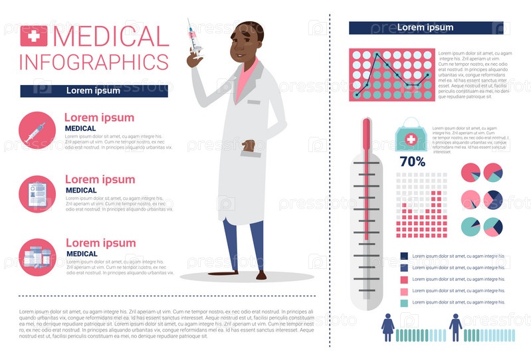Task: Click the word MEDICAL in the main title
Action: click(x=111, y=36)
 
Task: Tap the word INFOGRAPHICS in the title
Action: click(x=94, y=62)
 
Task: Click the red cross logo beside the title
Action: click(x=34, y=36)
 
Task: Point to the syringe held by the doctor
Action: click(x=195, y=37)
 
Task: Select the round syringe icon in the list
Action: click(x=37, y=130)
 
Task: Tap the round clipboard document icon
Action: click(x=37, y=194)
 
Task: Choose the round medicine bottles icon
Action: click(x=37, y=256)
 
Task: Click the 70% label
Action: click(x=412, y=161)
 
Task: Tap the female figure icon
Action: click(x=388, y=327)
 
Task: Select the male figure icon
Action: click(x=455, y=327)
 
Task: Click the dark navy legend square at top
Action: click(x=404, y=256)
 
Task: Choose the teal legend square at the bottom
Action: click(x=404, y=303)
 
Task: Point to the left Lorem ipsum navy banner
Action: click(x=93, y=91)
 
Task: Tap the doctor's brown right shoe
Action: click(x=261, y=275)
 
